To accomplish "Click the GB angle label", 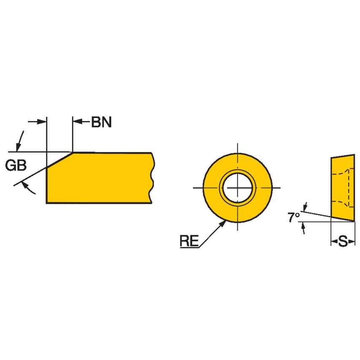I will pos(16,166).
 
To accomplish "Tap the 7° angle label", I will pos(293,218).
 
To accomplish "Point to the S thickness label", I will pos(343,242).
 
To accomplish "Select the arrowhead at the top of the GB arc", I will pos(18,147).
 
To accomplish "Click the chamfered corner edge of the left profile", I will pos(59,160).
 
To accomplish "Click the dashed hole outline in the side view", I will pos(348,188).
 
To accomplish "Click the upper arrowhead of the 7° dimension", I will pos(305,207).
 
